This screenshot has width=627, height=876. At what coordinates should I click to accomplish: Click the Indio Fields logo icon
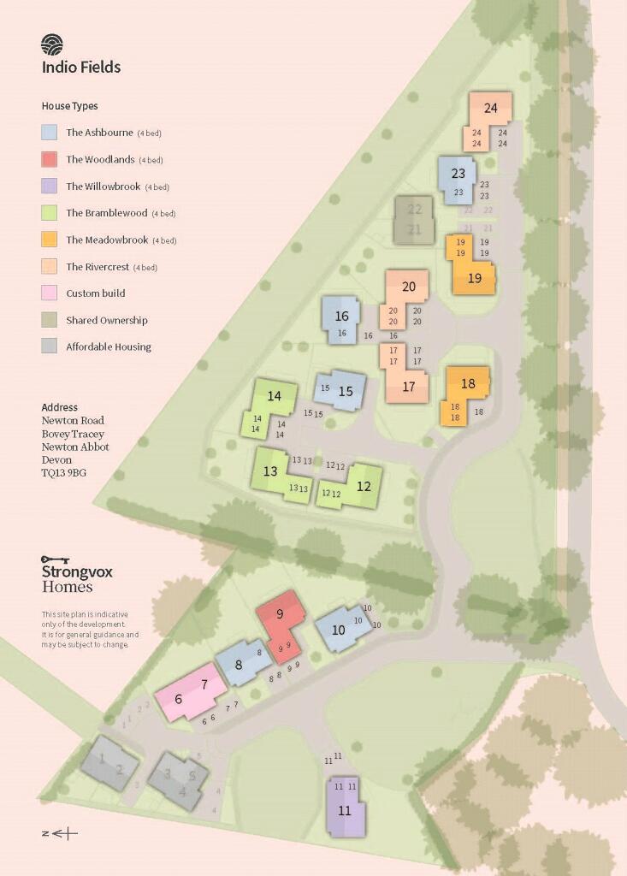pos(52,44)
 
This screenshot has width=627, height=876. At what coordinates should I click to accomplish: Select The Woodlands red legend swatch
pos(50,159)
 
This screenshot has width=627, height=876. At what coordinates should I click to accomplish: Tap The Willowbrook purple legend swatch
pos(50,186)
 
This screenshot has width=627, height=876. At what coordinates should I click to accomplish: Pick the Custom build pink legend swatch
pos(50,293)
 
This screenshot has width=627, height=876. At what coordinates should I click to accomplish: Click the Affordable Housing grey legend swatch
pos(50,346)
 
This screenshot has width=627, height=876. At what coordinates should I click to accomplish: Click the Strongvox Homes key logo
pos(55,559)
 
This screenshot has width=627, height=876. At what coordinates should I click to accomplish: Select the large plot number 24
pos(490,108)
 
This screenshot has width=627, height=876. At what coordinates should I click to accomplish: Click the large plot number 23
pos(458,174)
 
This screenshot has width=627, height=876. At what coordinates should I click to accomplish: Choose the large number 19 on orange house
pos(475,278)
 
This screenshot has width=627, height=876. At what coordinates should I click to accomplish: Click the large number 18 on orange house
pos(468,384)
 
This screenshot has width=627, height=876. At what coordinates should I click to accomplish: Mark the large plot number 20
pos(409,287)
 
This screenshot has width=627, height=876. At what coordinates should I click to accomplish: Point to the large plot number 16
pos(342,317)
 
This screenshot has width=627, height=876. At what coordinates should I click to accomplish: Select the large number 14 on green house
pos(274,396)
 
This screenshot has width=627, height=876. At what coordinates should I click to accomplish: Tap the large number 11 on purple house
pos(345,810)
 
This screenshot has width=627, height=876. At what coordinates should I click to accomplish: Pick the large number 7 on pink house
pos(204,684)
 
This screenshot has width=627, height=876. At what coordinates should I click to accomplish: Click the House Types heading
pos(69,106)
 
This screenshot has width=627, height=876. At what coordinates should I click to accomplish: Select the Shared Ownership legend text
pos(107,320)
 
